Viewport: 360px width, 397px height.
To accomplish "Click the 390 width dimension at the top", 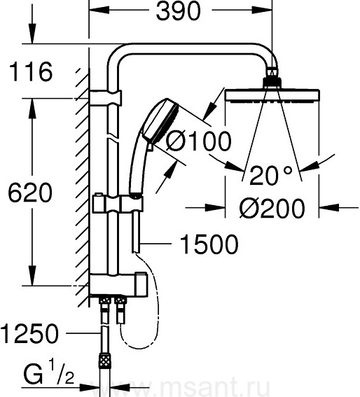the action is [x=178, y=11].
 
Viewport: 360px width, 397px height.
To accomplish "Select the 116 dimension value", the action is [x=31, y=71].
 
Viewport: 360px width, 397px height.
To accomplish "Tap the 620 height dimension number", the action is [x=30, y=193].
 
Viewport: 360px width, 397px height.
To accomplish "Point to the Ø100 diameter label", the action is [x=198, y=141].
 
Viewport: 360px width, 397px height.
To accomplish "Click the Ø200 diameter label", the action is [x=272, y=208].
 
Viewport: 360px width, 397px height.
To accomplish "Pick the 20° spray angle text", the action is [x=270, y=175].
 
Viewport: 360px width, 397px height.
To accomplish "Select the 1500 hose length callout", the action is [x=209, y=244].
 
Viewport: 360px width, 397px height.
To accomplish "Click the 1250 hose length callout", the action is [x=29, y=334].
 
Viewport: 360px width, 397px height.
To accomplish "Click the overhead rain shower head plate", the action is [x=272, y=96].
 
